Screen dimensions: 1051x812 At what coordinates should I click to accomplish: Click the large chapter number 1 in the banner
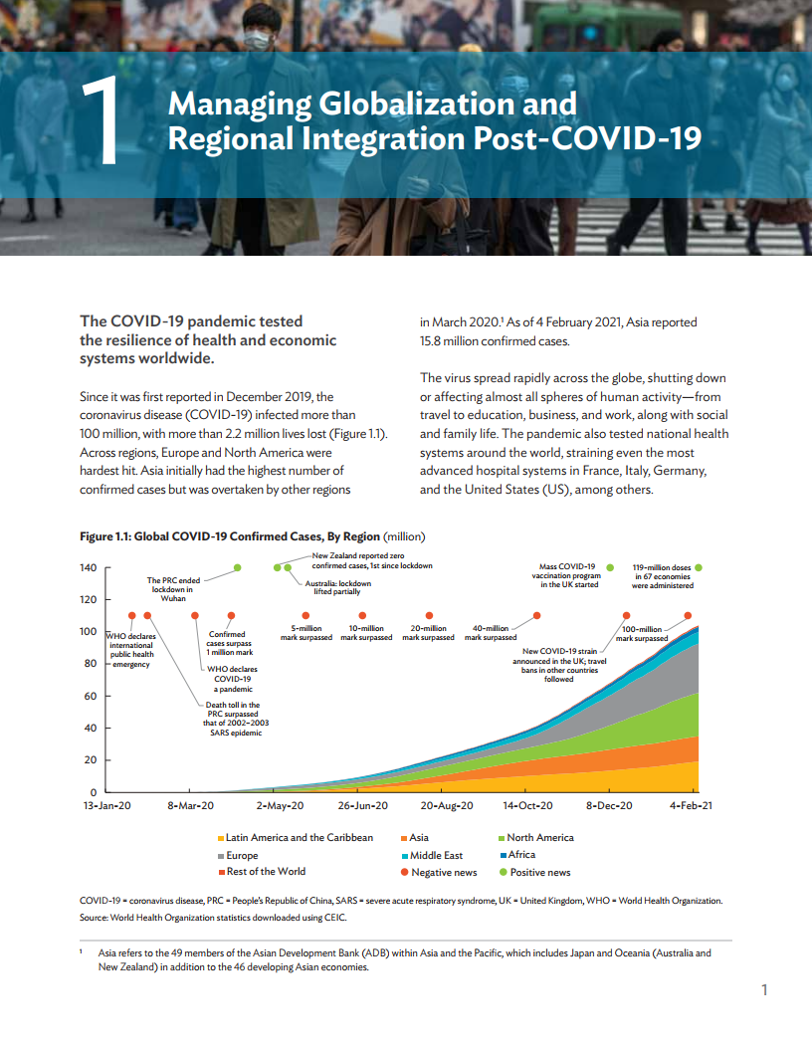101,122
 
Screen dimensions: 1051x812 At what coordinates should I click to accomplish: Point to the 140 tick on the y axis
88,567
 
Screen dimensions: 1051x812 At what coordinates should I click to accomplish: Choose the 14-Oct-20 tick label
527,805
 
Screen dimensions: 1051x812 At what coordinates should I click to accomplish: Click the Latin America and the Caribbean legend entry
299,837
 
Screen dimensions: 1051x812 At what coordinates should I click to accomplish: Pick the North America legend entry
540,837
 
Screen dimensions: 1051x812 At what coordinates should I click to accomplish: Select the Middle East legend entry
436,855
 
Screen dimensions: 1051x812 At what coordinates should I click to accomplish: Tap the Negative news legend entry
444,872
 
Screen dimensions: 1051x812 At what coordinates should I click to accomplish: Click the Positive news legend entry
540,872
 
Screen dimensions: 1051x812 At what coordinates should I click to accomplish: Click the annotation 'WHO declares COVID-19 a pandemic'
233,679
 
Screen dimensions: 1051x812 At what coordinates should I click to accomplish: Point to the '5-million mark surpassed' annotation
305,633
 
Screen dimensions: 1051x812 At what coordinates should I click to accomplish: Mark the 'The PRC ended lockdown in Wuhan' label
174,589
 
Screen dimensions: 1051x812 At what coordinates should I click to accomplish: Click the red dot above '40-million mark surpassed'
536,616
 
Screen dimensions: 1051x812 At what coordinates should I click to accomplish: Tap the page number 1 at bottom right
764,989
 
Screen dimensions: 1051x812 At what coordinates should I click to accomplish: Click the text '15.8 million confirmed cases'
495,340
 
